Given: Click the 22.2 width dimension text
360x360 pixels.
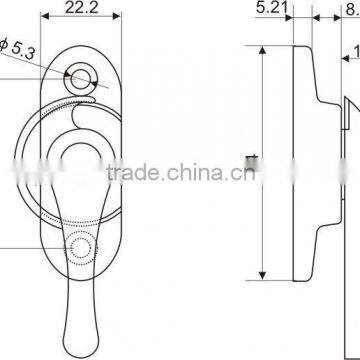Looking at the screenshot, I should [82, 9].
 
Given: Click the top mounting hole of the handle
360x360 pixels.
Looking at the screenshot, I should [81, 75].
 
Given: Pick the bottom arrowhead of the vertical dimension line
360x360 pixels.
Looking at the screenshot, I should [263, 276].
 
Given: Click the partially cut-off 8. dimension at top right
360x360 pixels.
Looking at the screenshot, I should [349, 10].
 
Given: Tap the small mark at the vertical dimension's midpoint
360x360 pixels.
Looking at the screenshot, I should [250, 156].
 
